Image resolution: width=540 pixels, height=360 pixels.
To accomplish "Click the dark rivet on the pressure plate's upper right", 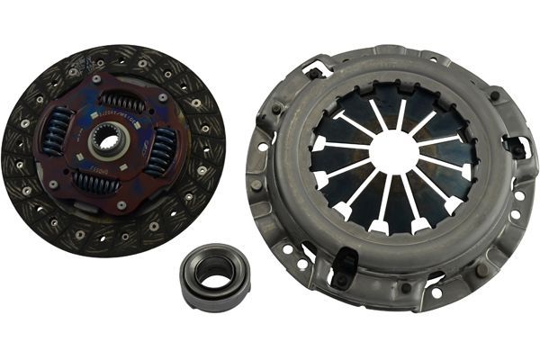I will [x=494, y=94].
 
